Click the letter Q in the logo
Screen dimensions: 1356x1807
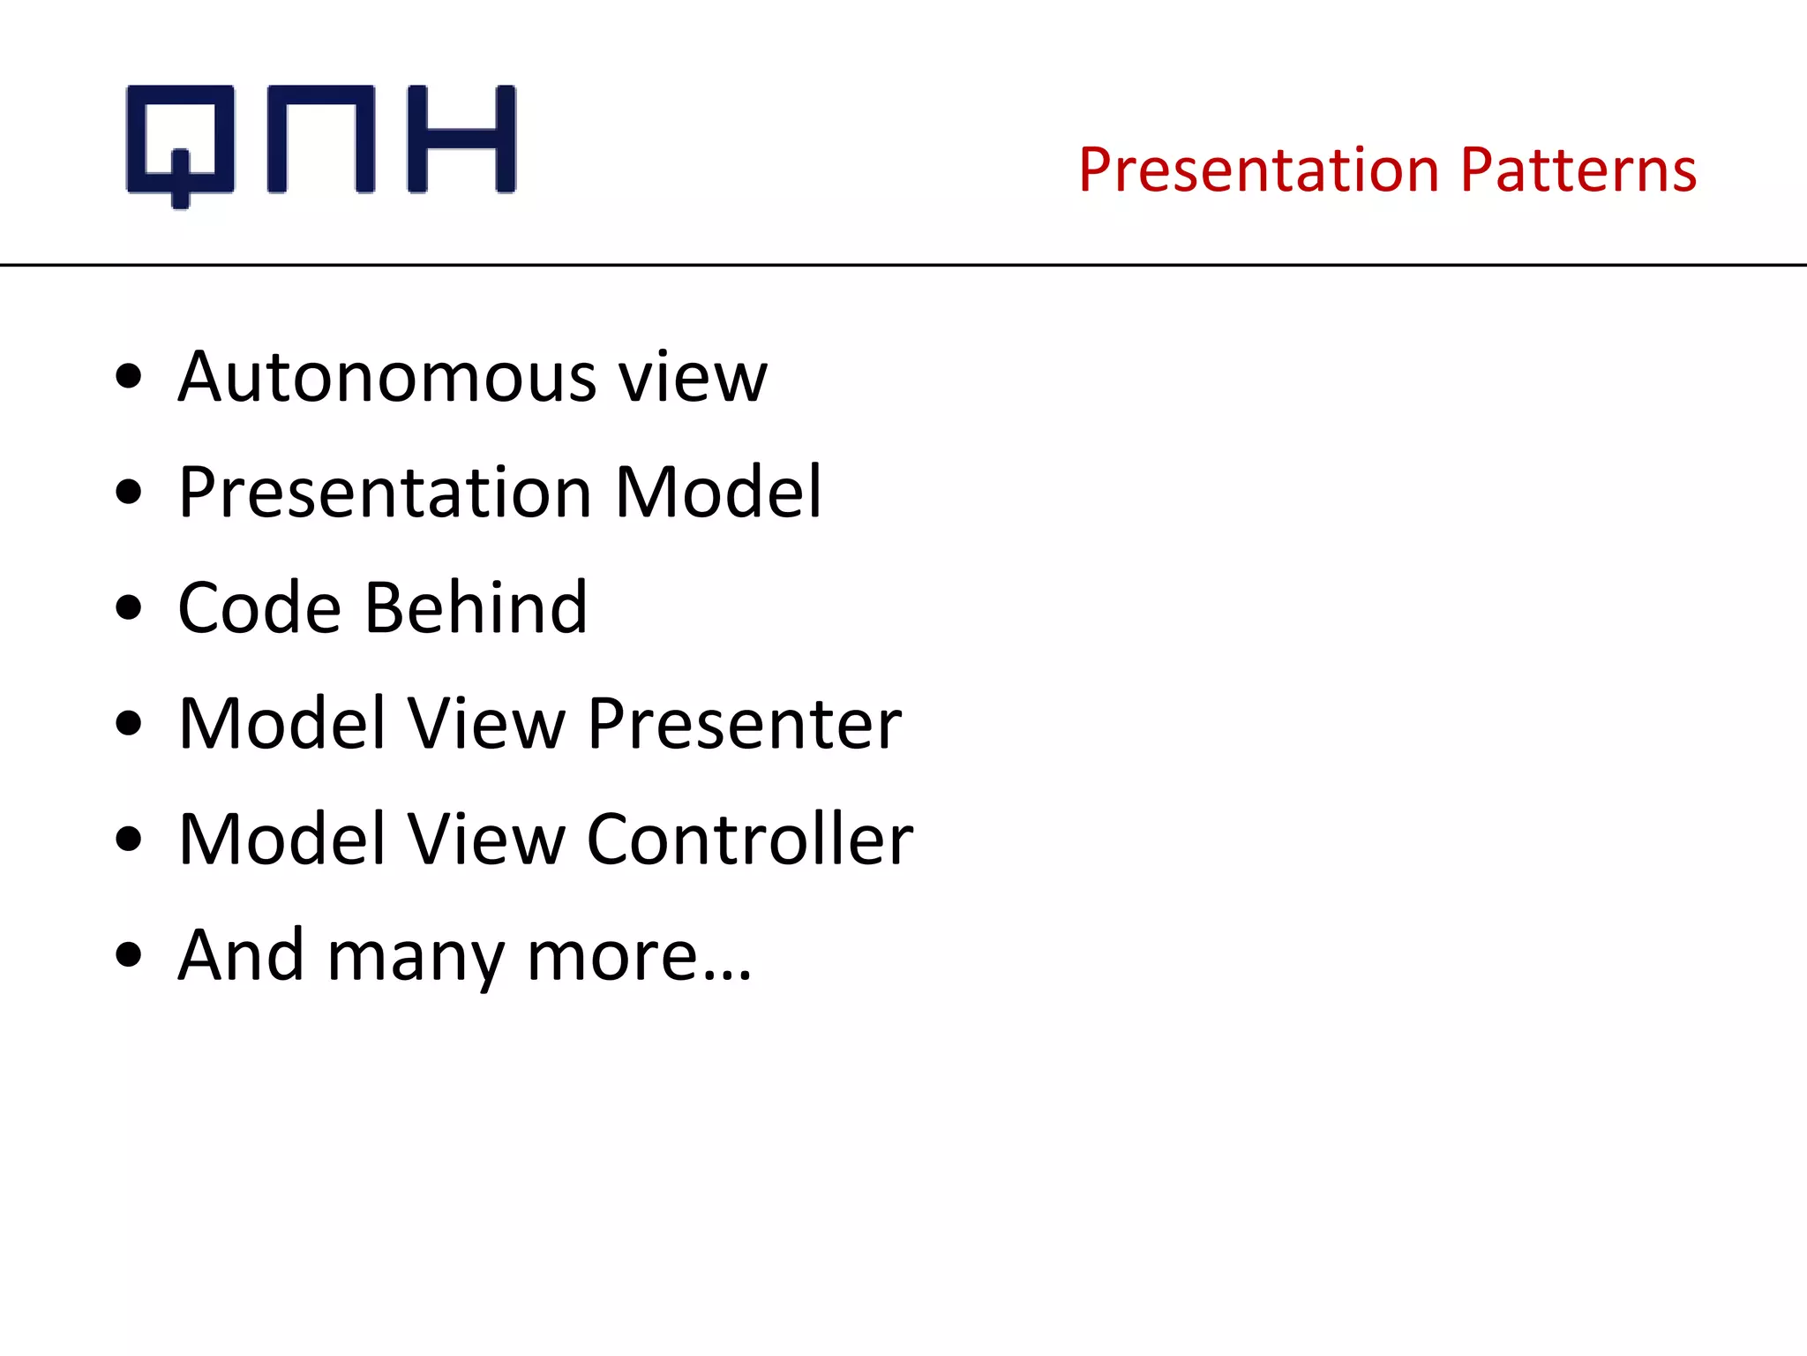click(x=181, y=141)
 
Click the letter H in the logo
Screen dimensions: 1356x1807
click(x=461, y=139)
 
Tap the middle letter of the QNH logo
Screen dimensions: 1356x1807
click(x=321, y=139)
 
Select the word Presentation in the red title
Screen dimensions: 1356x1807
click(x=1259, y=169)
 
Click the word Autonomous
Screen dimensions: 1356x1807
click(x=387, y=378)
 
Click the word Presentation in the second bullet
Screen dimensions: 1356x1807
click(x=386, y=493)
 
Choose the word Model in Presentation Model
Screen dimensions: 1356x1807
click(x=718, y=493)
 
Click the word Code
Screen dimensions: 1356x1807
click(x=259, y=608)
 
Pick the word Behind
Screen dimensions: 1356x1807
click(x=476, y=608)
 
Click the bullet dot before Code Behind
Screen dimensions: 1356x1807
click(x=129, y=608)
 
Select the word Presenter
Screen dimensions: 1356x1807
click(x=744, y=724)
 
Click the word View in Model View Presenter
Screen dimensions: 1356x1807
click(x=486, y=724)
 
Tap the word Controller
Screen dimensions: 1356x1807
click(x=749, y=840)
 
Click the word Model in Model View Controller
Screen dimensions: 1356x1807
click(x=282, y=840)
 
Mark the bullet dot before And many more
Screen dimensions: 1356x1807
click(x=129, y=955)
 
